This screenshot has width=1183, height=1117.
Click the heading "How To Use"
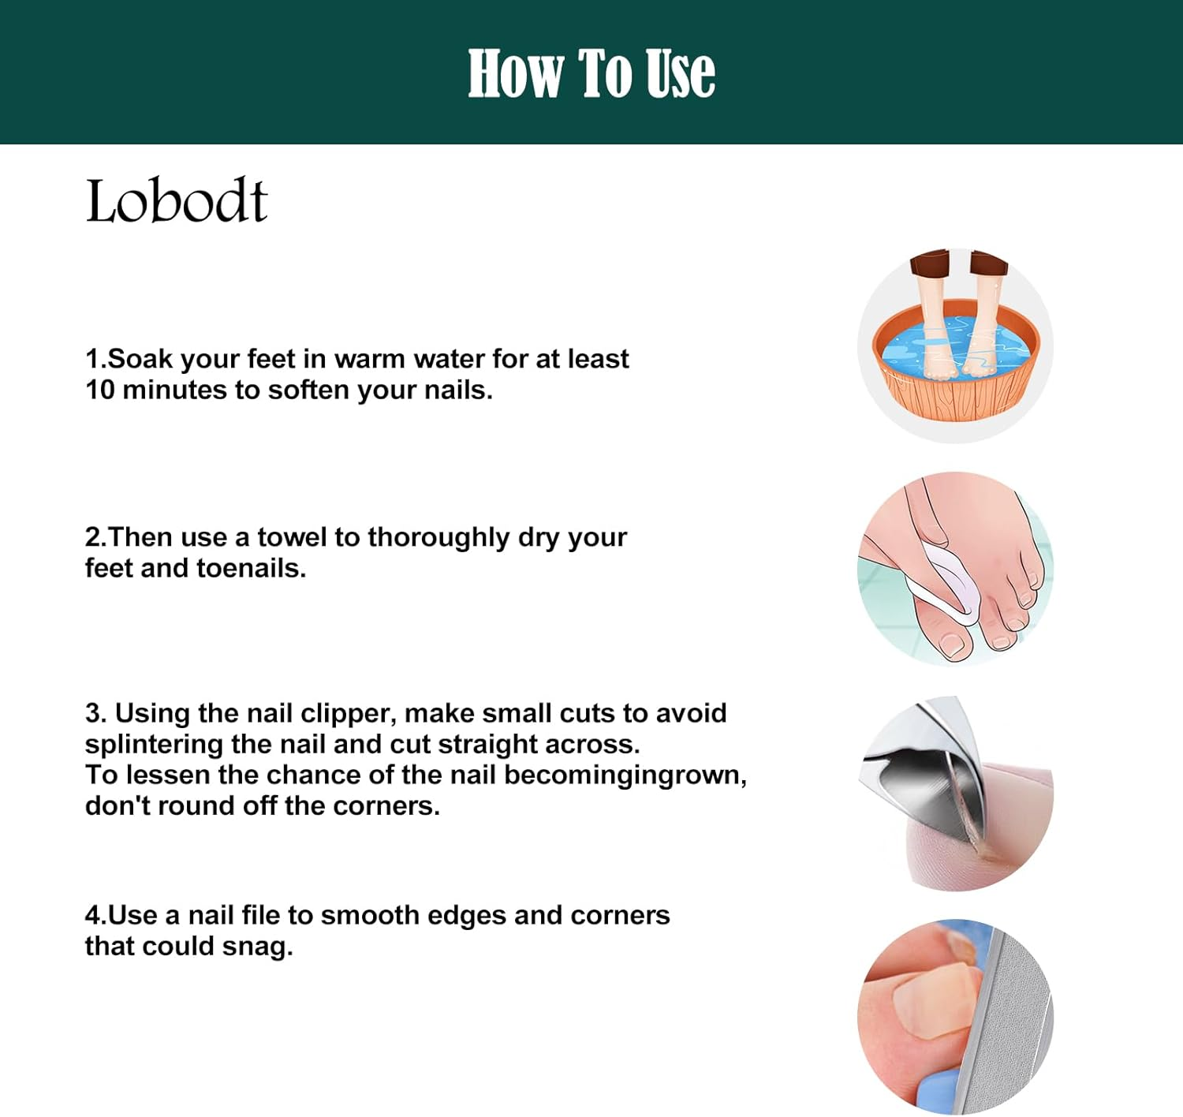[x=591, y=73]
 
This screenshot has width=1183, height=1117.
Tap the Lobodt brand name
[x=177, y=201]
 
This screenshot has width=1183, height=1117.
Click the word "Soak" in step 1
[x=140, y=359]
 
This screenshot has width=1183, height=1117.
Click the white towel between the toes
[x=946, y=584]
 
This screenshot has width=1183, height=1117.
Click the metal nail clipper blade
[x=923, y=789]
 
